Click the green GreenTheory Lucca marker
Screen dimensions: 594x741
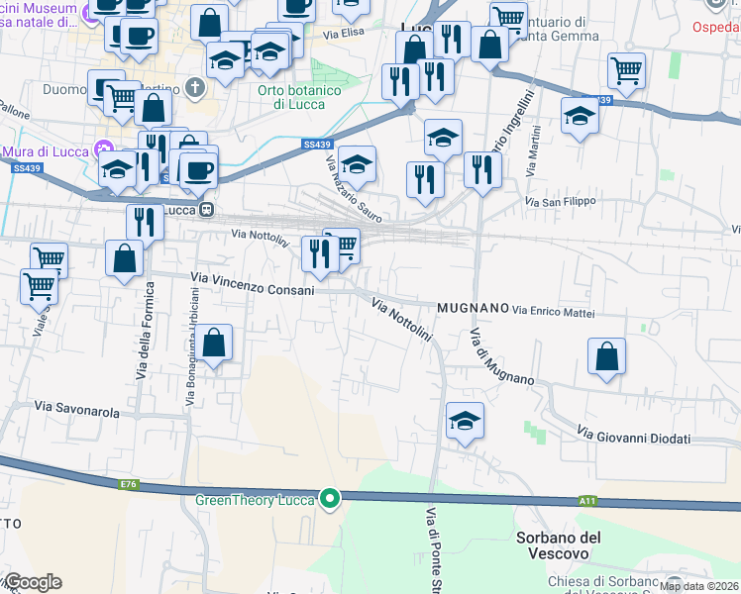click(331, 498)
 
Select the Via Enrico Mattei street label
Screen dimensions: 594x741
click(554, 311)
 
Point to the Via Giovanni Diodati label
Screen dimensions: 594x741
click(633, 437)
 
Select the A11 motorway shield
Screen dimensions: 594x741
click(587, 503)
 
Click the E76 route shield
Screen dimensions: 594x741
click(129, 484)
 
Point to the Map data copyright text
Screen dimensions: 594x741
click(699, 586)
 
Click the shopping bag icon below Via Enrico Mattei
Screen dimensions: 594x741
click(606, 356)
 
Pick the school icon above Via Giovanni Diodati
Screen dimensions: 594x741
click(465, 420)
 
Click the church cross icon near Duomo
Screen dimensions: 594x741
click(197, 86)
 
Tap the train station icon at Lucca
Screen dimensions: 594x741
click(207, 210)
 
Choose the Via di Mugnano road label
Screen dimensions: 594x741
click(501, 356)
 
